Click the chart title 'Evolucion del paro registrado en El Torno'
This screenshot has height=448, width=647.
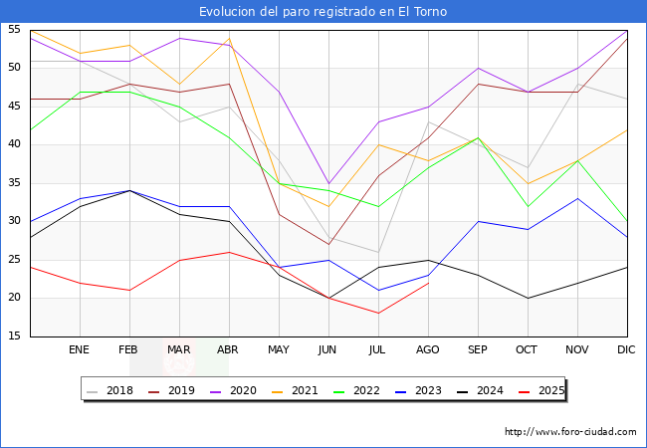[x=323, y=12]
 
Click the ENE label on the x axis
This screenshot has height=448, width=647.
[x=80, y=350]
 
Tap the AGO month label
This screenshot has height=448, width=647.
[x=428, y=350]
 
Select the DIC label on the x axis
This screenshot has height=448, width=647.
[x=627, y=350]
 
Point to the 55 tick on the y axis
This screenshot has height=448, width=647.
[x=15, y=30]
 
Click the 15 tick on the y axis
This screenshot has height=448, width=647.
[x=15, y=336]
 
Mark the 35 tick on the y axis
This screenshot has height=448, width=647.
[x=15, y=183]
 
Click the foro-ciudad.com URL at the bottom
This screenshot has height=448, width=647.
[x=570, y=432]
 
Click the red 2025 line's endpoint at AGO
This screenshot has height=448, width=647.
[x=428, y=283]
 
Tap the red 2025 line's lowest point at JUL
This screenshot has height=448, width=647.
[x=378, y=314]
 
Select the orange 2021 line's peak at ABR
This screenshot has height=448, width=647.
[x=229, y=38]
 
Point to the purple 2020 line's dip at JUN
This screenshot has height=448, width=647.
[x=328, y=183]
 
